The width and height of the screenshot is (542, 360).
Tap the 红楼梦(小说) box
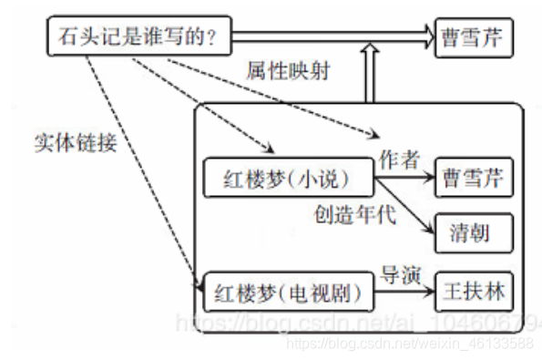[x=288, y=175]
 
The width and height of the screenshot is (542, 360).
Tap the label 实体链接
[x=76, y=143]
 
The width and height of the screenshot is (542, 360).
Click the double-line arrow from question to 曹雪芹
[x=328, y=37]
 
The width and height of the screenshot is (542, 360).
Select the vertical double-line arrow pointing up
[x=369, y=77]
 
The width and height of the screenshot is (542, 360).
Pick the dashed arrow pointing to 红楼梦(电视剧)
[x=137, y=164]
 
